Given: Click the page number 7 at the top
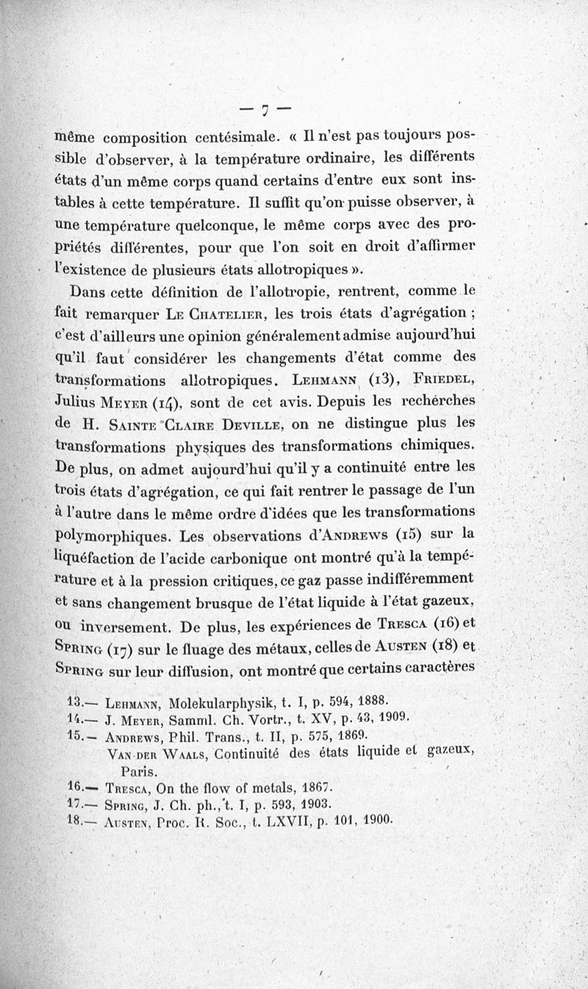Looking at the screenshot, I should click(266, 109).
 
